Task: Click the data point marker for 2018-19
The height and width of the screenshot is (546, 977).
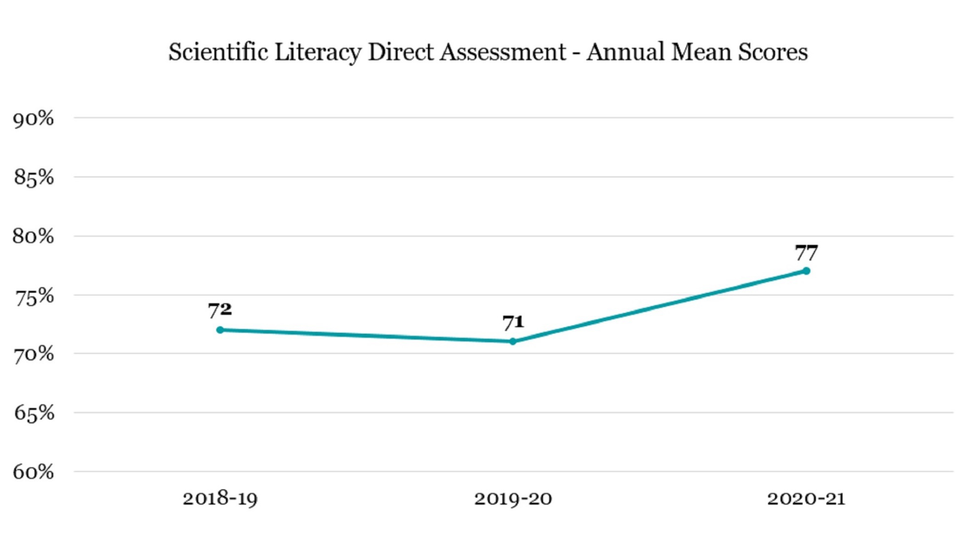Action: (220, 330)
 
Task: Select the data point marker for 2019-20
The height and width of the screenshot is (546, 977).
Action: (513, 342)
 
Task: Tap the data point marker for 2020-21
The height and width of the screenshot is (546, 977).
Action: (806, 271)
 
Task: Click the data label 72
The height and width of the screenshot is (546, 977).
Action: (220, 310)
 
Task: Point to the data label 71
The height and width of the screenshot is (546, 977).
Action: (513, 322)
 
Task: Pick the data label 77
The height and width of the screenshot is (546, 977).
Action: (806, 253)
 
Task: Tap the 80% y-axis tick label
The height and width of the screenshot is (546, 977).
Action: (33, 237)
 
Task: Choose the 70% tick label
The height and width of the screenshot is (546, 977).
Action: (34, 355)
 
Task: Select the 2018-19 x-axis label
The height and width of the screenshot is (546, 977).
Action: (220, 499)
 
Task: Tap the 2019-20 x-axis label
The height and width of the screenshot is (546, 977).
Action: (513, 499)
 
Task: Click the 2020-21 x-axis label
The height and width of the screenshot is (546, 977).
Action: (806, 499)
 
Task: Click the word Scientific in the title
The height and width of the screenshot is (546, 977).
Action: (218, 52)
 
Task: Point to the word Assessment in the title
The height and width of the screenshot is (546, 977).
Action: (503, 52)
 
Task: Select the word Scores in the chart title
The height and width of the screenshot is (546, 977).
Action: (773, 52)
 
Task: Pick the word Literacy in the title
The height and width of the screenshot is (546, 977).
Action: (318, 52)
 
